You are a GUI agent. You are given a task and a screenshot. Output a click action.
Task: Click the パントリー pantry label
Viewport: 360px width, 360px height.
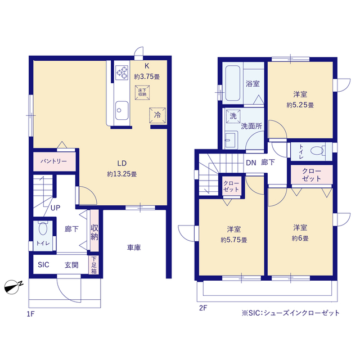(x=53, y=161)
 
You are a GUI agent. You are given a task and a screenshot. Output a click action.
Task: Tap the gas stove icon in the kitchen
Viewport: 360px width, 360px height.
(x=123, y=72)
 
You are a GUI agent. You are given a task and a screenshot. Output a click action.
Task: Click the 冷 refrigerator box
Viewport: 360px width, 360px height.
(x=157, y=115)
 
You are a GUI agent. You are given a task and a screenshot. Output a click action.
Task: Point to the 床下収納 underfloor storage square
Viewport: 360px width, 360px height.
(x=141, y=92)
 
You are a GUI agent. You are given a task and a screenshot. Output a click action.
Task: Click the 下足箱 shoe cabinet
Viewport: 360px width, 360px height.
(x=94, y=264)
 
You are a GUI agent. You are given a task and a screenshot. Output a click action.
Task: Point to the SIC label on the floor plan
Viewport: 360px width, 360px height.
(x=43, y=265)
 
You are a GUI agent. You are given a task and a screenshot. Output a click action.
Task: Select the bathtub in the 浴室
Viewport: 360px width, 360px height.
(x=232, y=83)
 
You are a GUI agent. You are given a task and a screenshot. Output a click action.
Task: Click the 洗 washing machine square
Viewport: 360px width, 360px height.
(x=233, y=116)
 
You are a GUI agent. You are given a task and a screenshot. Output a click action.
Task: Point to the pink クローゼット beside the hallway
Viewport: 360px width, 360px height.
(x=311, y=174)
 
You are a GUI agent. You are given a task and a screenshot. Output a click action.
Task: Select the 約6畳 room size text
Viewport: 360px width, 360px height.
(x=300, y=238)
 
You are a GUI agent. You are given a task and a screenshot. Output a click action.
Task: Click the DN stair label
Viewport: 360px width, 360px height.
(x=251, y=163)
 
